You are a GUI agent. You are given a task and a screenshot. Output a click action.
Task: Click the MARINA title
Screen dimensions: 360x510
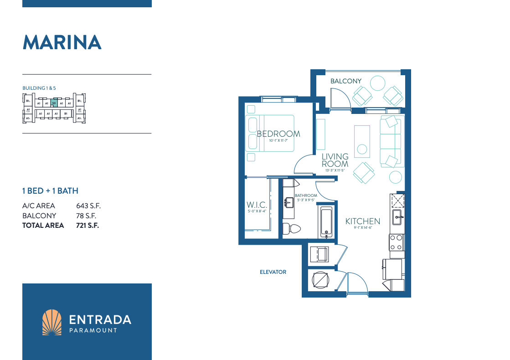[x=62, y=42]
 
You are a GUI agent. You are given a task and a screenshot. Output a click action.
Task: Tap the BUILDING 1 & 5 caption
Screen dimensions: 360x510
[x=39, y=87]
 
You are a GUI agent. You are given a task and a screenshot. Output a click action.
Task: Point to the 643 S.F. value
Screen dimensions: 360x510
[x=88, y=206]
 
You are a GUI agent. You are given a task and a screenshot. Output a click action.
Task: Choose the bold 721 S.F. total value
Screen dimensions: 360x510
[x=88, y=225]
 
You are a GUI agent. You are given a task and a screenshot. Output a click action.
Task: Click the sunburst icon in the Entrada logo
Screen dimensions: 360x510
[x=52, y=322]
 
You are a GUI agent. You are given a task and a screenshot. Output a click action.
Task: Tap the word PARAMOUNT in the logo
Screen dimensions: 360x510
[x=93, y=330]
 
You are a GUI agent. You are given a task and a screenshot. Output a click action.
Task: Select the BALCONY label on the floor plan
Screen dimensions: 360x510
[x=346, y=81]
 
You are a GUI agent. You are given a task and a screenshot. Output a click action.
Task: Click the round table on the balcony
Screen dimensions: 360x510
[x=378, y=83]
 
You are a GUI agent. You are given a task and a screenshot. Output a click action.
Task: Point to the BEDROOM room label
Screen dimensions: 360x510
[x=278, y=134]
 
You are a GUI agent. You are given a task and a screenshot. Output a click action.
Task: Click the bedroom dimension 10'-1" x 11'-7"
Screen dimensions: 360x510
[x=278, y=141]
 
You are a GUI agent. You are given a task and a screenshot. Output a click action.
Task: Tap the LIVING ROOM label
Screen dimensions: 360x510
[x=335, y=160]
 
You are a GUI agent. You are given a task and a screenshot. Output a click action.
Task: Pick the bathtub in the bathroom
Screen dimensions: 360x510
[x=326, y=222]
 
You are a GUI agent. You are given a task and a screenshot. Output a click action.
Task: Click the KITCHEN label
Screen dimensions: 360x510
[x=362, y=221]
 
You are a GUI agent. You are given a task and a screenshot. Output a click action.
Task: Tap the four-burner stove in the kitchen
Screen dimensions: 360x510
[x=396, y=242]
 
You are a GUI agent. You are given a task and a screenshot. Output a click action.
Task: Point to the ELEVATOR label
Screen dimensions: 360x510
[x=273, y=272]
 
